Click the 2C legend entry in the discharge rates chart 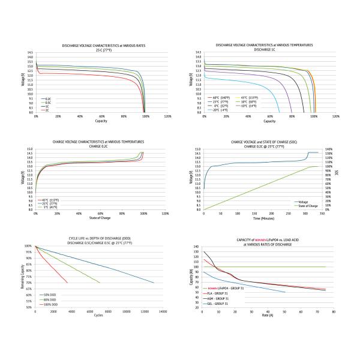[x=46, y=110]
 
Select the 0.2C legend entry [x=46, y=98]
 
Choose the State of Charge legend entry [x=307, y=206]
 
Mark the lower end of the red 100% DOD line [x=68, y=283]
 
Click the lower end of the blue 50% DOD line [x=154, y=283]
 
